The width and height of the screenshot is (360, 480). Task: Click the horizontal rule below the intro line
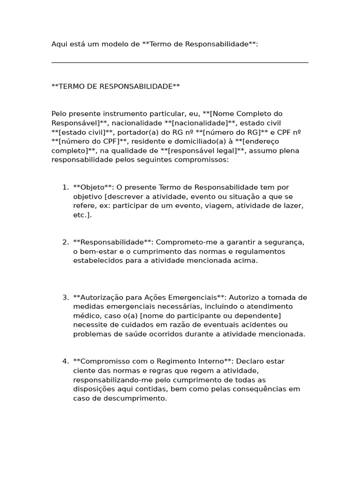180,62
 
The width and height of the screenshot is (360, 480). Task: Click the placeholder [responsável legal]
210,151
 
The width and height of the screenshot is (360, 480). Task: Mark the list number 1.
65,187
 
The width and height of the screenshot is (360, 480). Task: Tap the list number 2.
65,242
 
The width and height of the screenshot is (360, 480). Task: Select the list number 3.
65,298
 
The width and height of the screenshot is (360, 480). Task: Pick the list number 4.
65,361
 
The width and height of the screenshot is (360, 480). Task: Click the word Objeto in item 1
93,187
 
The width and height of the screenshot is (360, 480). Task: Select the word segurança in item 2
286,242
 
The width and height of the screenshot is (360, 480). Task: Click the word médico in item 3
85,316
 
